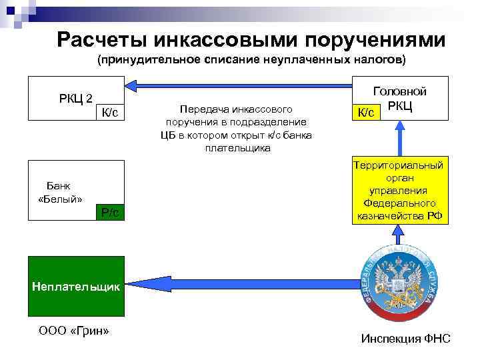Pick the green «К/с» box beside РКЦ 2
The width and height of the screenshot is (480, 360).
(x=109, y=113)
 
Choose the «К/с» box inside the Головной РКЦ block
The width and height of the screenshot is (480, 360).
(x=366, y=113)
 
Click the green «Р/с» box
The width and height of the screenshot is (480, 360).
(x=109, y=213)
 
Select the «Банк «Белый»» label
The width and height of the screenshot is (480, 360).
(x=61, y=192)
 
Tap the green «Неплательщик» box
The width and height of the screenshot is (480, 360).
(x=76, y=287)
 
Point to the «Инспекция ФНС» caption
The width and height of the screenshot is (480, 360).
(x=405, y=339)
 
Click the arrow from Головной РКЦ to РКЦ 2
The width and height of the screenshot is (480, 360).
(x=240, y=84)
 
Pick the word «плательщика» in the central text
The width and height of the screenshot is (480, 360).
(x=238, y=147)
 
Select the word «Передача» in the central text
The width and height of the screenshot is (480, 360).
(x=200, y=108)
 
